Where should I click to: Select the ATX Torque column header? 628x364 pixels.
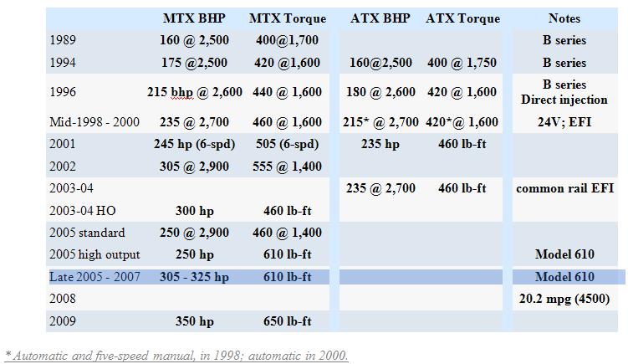[462, 18]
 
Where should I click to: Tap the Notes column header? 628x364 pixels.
[564, 18]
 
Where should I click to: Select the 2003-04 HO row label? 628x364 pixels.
[82, 211]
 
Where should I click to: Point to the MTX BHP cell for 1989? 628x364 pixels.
[197, 40]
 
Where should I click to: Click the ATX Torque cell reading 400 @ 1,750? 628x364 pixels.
[462, 63]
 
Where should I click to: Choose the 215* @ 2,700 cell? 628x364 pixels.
[380, 122]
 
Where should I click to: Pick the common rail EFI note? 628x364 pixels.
[564, 188]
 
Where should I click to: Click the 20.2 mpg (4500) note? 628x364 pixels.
[564, 299]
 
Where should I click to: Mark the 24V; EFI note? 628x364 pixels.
[564, 122]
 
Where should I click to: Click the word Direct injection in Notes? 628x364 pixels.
[564, 100]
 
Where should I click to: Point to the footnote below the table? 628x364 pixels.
[176, 355]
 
